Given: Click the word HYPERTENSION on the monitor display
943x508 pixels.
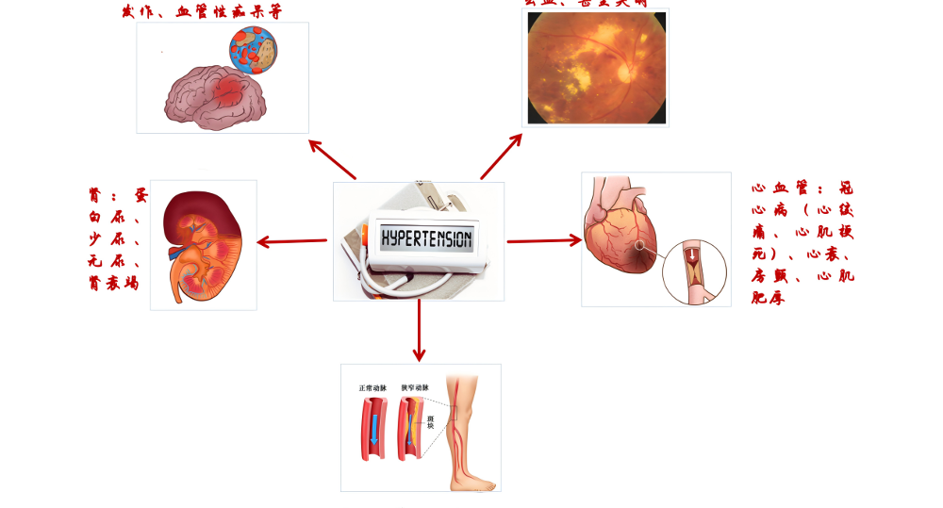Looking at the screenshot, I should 425,237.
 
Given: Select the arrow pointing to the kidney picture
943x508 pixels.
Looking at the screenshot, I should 292,241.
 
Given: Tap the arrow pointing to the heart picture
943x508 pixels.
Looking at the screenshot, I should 544,240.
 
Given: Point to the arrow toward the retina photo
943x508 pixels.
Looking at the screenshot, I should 501,156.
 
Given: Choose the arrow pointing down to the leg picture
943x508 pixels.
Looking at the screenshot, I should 419,331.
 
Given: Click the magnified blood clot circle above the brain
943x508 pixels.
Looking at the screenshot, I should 254,51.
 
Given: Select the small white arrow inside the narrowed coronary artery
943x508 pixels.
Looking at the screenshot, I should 691,255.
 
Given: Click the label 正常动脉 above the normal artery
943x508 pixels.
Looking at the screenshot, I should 373,388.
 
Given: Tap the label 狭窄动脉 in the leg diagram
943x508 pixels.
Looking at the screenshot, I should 415,388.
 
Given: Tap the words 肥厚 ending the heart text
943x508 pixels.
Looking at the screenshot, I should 768,299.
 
